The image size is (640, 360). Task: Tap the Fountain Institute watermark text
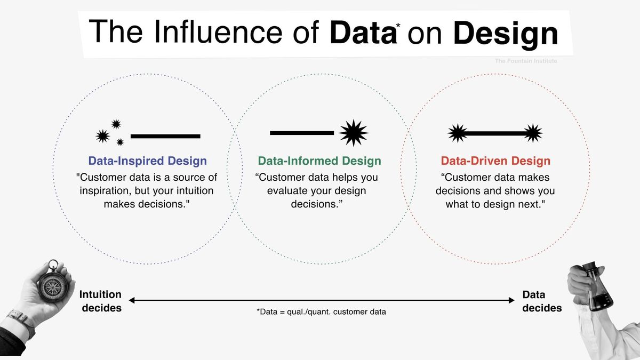click(526, 61)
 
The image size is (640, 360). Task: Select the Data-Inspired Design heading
click(148, 161)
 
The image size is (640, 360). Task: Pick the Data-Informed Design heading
click(319, 161)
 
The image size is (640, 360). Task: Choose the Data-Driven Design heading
click(495, 161)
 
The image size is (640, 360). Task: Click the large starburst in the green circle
click(353, 133)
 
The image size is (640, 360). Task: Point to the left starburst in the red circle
click(458, 133)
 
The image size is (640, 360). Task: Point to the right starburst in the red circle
click(532, 133)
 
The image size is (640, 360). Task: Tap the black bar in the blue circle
click(165, 137)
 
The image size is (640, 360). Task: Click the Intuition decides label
click(100, 301)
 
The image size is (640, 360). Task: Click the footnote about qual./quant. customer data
click(321, 312)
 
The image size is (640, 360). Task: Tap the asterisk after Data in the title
click(398, 25)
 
